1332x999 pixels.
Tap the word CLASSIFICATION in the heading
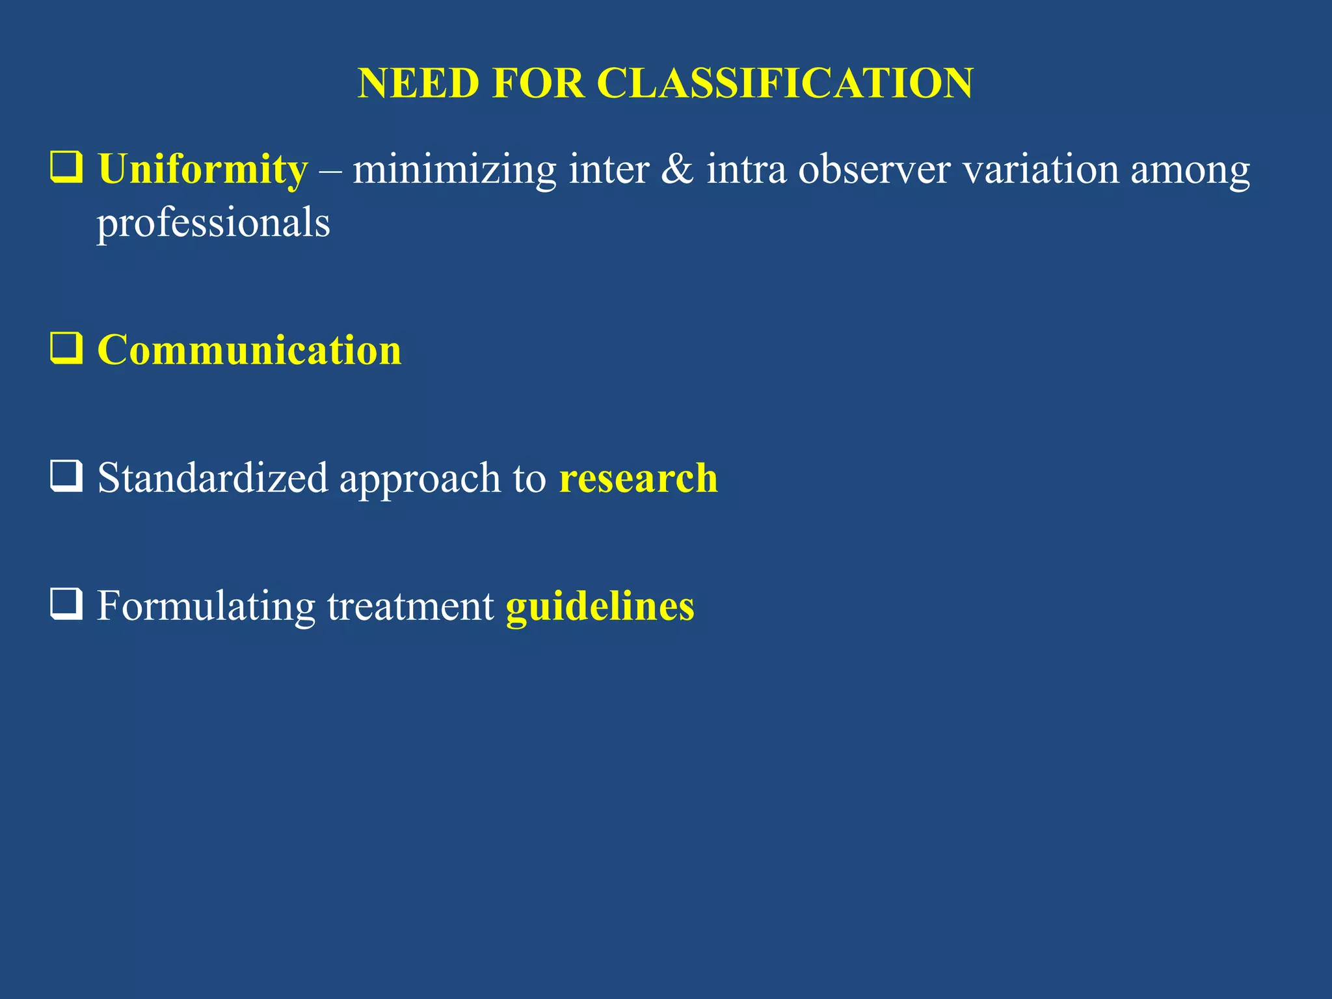pos(784,83)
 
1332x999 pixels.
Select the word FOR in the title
pos(538,83)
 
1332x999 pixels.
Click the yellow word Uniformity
pos(202,170)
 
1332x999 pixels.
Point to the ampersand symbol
pos(677,170)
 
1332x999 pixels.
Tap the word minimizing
pos(454,170)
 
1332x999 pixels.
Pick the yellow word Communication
pos(249,351)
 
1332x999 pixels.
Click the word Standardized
pos(213,478)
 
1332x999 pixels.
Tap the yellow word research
pos(638,478)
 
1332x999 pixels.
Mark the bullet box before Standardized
pos(66,475)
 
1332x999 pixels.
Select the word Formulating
pos(206,606)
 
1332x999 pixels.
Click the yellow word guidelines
pos(600,606)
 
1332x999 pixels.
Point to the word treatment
pos(410,606)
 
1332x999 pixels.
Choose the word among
pos(1190,170)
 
